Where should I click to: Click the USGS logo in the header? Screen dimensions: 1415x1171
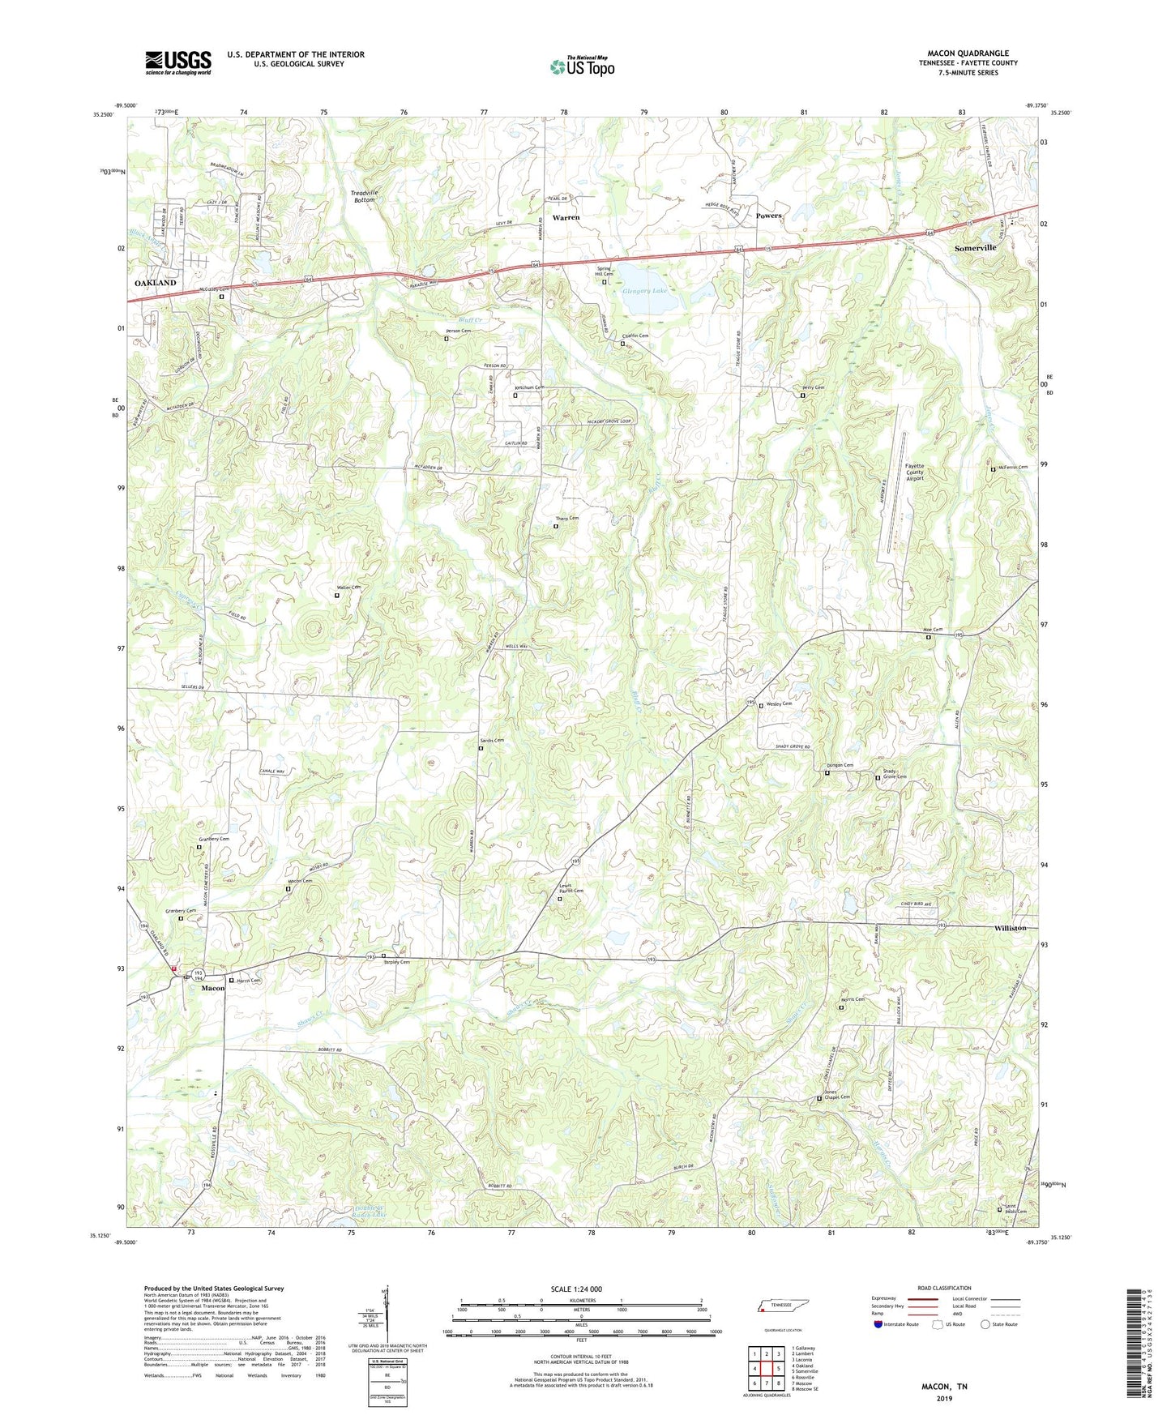point(178,62)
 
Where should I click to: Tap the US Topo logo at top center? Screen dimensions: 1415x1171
point(582,66)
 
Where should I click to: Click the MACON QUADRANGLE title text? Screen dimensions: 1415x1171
point(968,53)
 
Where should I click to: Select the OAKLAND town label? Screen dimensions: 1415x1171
point(155,283)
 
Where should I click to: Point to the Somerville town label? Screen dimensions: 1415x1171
point(975,248)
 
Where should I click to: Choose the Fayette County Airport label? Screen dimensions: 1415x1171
point(914,472)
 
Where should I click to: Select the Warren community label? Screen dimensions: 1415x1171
point(566,218)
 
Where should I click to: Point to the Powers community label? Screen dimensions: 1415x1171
point(768,216)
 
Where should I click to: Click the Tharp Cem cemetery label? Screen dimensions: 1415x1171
point(566,519)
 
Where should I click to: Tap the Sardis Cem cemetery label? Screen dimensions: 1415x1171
point(492,740)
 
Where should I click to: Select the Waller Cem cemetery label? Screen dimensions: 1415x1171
point(348,587)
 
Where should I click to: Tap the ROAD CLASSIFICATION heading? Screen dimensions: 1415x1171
point(944,1288)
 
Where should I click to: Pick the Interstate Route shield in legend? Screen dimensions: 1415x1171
point(879,1324)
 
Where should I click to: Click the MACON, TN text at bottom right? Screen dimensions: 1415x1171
point(944,1387)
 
